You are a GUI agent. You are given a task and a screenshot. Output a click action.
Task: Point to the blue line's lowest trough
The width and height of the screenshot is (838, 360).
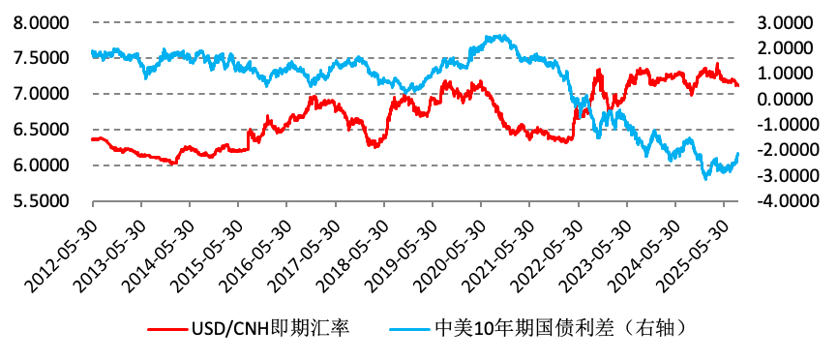pos(704,178)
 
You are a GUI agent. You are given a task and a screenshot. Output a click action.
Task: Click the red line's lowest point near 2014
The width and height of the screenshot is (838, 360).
pos(173,164)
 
